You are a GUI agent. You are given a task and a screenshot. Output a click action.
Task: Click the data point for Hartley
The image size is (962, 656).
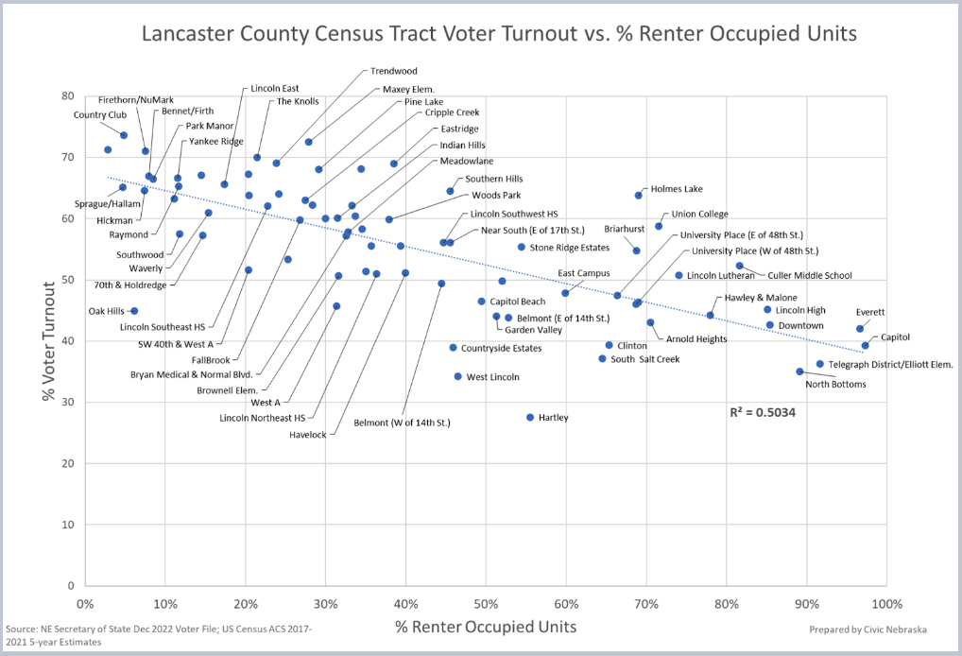530,417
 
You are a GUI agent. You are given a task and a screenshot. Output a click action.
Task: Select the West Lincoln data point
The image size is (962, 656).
458,376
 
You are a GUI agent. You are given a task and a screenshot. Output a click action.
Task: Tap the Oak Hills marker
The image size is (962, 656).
134,311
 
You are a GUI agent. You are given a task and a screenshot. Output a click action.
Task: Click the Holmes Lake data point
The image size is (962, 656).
639,195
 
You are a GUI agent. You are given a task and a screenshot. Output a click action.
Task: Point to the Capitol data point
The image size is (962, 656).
865,345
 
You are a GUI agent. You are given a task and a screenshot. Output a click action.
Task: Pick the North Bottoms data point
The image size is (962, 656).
799,371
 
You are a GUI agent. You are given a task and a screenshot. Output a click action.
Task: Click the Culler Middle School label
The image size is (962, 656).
810,276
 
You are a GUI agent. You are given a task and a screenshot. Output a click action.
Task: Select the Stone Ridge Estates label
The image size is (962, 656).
569,248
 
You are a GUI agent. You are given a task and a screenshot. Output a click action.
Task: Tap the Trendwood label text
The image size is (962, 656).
394,71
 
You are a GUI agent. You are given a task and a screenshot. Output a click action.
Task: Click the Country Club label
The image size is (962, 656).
100,115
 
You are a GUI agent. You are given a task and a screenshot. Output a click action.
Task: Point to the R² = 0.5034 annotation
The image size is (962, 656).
763,413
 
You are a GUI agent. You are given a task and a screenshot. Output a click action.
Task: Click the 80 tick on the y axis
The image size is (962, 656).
67,95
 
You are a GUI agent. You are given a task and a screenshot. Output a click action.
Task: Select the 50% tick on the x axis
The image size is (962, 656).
486,604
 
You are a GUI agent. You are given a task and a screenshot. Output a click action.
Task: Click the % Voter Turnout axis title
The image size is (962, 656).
49,339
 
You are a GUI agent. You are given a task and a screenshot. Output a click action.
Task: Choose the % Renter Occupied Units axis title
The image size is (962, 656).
486,627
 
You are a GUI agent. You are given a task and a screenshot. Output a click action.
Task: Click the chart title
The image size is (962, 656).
499,34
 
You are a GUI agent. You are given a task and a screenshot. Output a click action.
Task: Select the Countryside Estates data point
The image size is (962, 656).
453,348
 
